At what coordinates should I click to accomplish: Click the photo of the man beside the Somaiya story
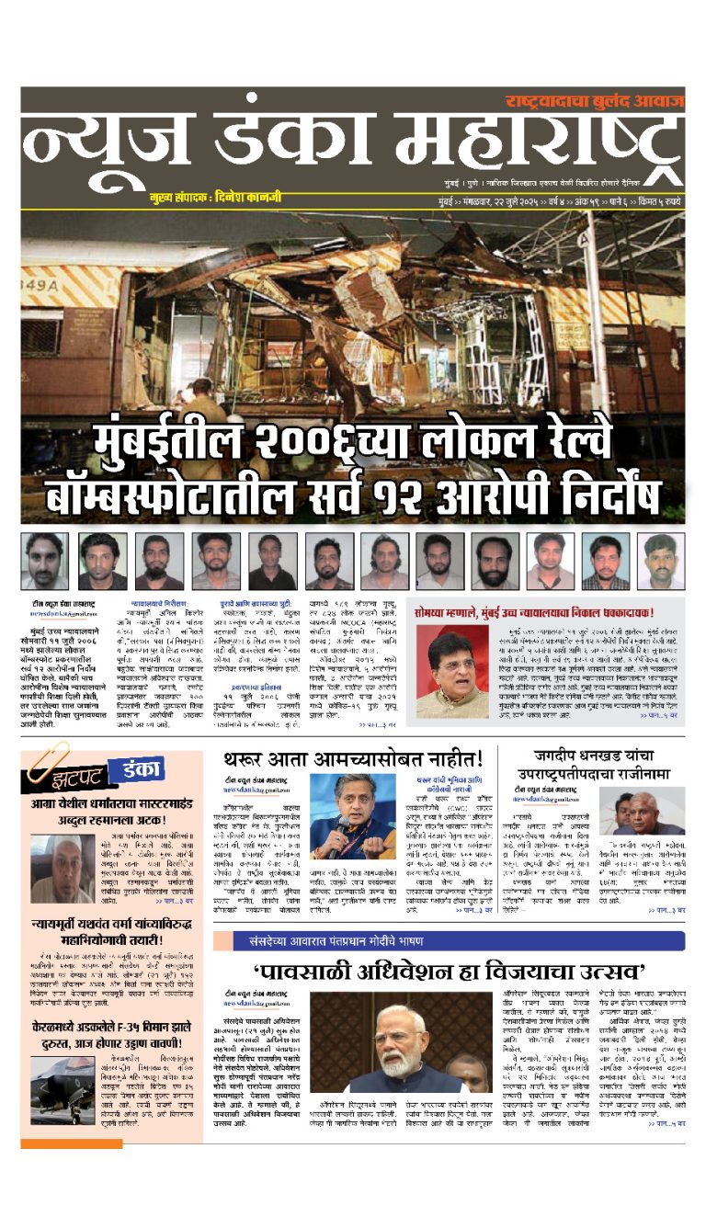(x=452, y=674)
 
